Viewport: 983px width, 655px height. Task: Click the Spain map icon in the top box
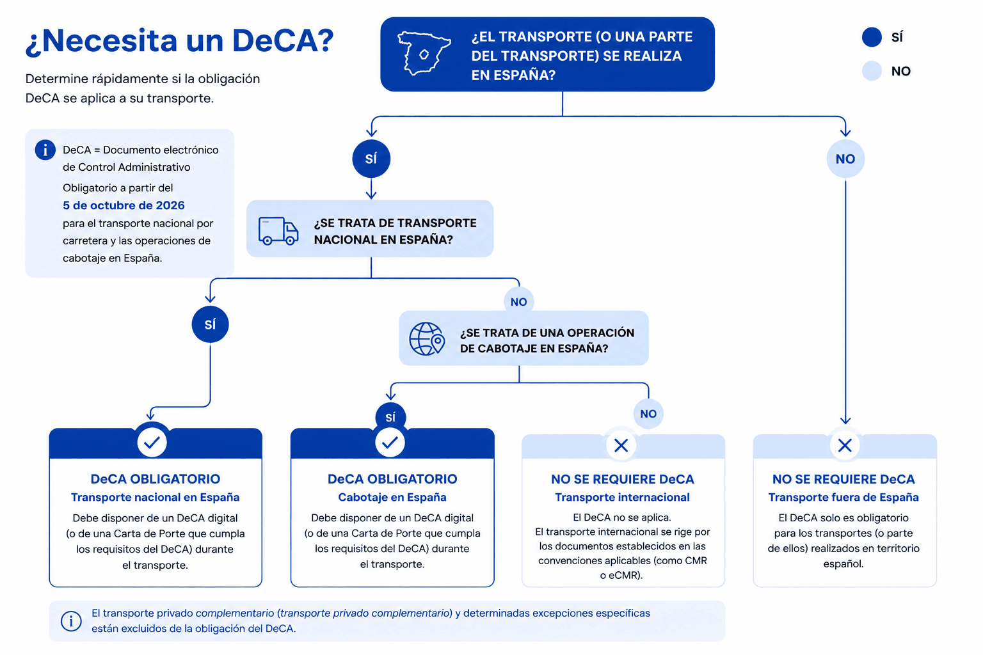424,54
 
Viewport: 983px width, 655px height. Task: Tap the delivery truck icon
278,230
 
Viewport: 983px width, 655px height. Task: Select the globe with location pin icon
427,338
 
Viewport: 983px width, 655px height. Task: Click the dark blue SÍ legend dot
872,37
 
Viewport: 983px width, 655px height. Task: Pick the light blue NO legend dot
872,70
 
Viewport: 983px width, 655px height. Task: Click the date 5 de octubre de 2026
124,205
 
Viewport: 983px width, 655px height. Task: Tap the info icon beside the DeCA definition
45,150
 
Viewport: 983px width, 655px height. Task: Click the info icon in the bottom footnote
70,621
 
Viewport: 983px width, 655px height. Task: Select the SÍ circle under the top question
371,159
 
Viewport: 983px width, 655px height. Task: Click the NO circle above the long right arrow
845,159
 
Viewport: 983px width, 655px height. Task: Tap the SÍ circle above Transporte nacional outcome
210,324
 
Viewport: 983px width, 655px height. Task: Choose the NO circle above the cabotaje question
519,301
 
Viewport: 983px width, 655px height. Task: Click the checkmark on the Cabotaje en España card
390,442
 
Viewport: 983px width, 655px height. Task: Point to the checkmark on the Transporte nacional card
152,442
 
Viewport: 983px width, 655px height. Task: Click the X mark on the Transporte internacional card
621,446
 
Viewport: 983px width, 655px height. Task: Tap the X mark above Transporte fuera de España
845,446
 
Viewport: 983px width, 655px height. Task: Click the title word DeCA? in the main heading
283,41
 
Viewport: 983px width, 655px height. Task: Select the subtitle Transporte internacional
622,498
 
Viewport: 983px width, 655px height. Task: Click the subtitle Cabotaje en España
392,498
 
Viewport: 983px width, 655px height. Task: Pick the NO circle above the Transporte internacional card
648,413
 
